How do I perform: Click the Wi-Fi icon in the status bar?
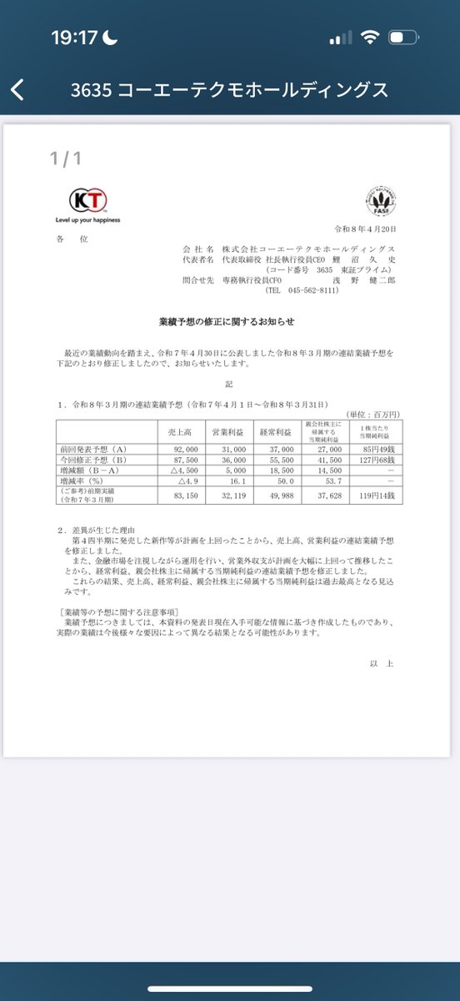point(371,38)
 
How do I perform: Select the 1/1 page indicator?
point(65,158)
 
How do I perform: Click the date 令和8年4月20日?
point(366,228)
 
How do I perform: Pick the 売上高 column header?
point(179,431)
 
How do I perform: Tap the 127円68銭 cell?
point(379,460)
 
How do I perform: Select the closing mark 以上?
point(382,663)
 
